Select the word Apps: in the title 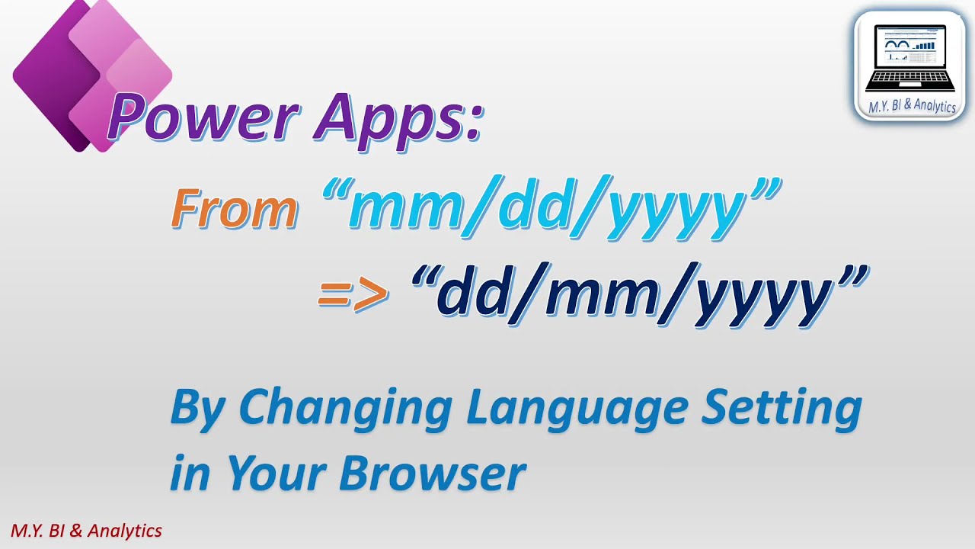point(396,118)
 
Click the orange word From point(235,208)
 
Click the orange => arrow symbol point(353,294)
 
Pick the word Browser point(432,474)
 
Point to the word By point(197,408)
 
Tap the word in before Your point(190,474)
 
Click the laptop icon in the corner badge point(910,57)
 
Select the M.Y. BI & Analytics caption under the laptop point(912,106)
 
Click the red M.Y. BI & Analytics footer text point(86,531)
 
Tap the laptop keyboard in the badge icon point(910,79)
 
